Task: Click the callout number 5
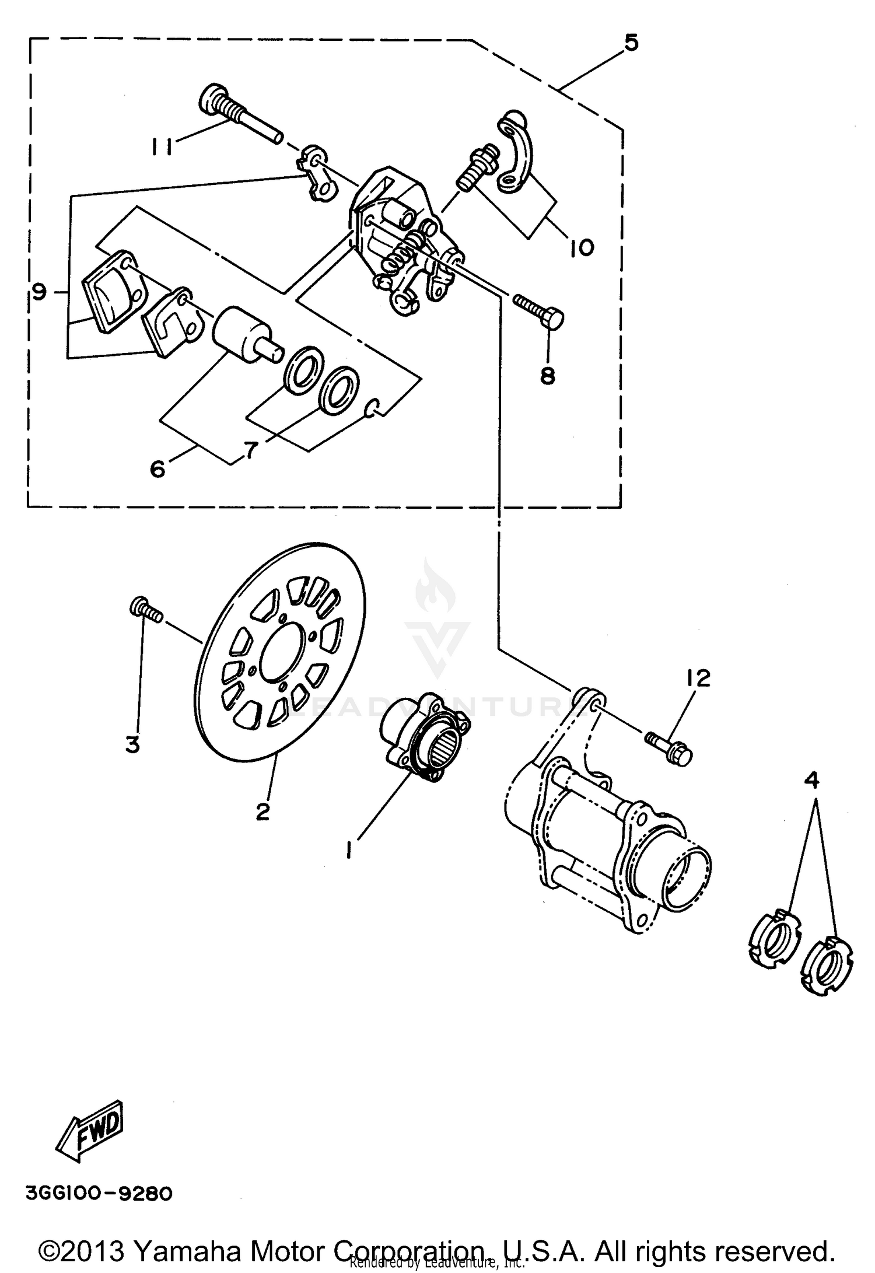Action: (631, 43)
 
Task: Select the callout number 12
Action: (698, 678)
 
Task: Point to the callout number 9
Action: (39, 292)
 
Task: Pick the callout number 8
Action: (547, 376)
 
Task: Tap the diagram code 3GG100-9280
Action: (99, 1194)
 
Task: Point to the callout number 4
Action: (812, 780)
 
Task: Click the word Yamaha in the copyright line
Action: (187, 1250)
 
